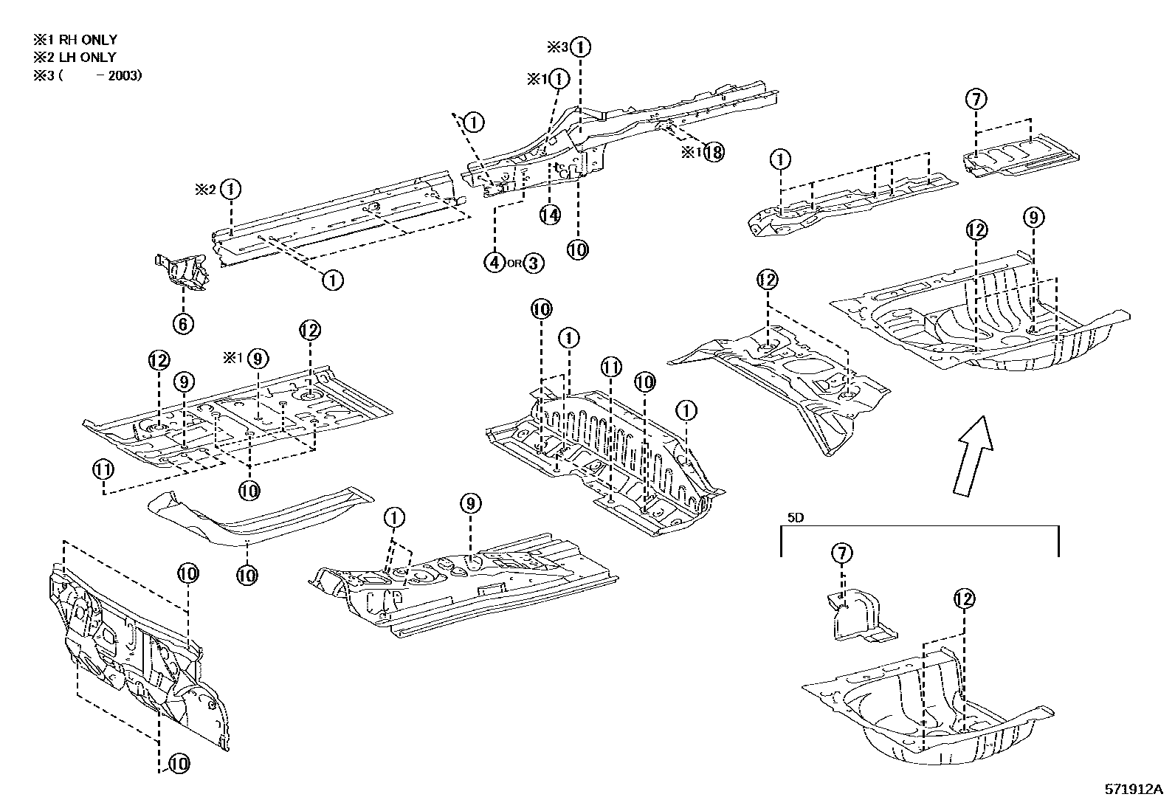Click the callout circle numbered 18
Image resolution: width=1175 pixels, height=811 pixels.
(x=712, y=153)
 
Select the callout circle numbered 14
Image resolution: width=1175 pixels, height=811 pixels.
(x=549, y=215)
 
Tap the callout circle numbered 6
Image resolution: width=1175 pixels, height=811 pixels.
(x=183, y=322)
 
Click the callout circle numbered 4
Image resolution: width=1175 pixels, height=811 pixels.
(x=495, y=262)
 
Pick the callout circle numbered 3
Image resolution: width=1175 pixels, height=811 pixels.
(x=534, y=262)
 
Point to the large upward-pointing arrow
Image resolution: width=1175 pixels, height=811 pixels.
(x=971, y=455)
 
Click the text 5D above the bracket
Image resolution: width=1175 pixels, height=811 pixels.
(x=795, y=517)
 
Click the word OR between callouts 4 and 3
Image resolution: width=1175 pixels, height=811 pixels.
(x=514, y=263)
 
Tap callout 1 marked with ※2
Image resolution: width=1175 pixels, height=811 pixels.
(x=232, y=189)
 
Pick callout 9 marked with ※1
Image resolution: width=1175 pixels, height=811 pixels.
(x=257, y=359)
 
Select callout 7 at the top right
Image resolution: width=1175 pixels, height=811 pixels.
(x=976, y=99)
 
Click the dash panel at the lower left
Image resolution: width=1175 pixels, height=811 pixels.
(x=133, y=657)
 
